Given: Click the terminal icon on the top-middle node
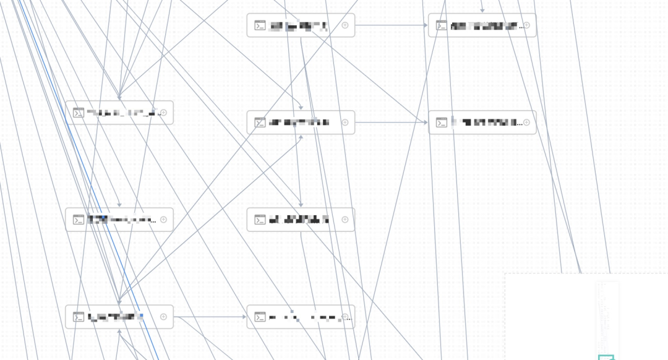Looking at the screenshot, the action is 260,25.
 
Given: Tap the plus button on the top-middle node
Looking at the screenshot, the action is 345,25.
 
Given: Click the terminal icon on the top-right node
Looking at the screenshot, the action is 442,25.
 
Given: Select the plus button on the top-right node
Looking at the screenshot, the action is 526,25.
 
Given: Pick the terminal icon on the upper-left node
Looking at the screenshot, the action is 79,113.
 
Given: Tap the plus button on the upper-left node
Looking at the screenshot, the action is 164,113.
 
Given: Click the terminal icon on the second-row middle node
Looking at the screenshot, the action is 260,122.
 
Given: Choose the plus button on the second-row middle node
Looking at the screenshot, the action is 345,122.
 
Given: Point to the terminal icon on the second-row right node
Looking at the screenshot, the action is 442,122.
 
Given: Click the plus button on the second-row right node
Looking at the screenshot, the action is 526,122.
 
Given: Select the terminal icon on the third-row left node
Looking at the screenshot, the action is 79,220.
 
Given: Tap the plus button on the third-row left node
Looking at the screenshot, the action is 164,220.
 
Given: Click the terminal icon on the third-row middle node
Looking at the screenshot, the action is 260,220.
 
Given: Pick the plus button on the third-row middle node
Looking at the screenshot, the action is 345,220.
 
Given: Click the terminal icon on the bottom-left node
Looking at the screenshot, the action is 79,317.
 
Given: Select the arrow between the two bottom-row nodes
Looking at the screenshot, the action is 210,317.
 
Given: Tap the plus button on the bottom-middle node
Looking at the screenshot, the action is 345,317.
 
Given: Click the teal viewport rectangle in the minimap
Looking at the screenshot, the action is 606,357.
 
